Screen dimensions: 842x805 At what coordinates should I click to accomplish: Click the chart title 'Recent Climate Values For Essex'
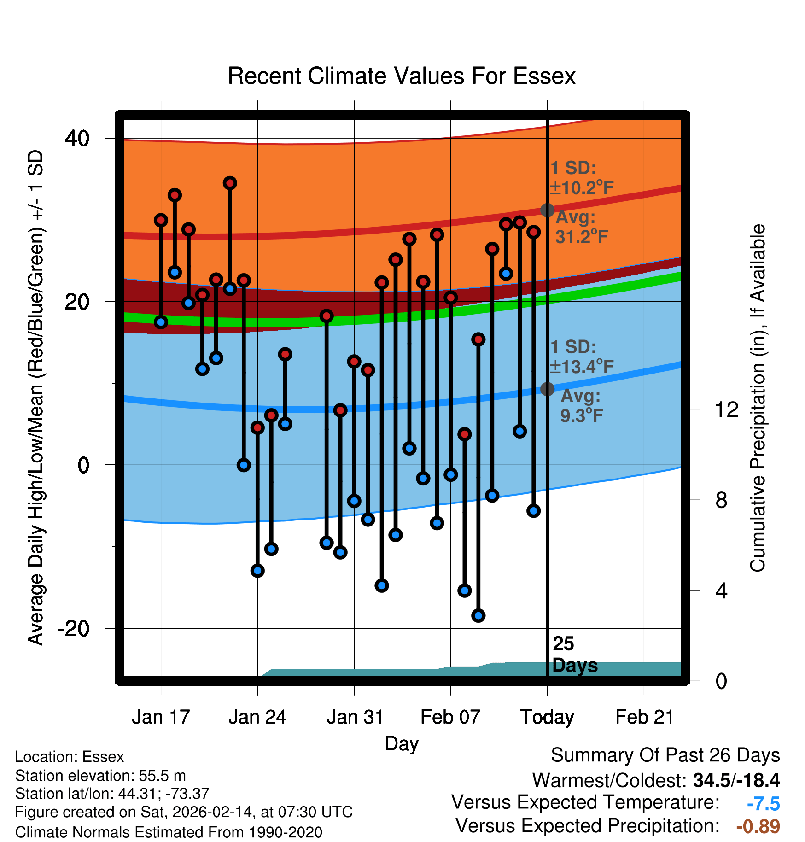tap(402, 76)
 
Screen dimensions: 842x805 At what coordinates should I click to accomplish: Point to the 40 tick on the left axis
tap(77, 138)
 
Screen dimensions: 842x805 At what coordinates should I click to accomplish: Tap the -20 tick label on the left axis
tap(73, 628)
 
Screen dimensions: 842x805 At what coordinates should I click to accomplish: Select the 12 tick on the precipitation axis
tap(726, 409)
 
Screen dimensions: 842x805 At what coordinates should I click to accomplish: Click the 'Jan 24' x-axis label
tap(257, 717)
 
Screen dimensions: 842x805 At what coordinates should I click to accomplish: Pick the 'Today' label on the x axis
tap(547, 717)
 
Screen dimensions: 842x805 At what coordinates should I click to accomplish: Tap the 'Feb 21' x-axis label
tap(644, 717)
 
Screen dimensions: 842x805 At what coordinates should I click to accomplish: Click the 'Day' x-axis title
tap(402, 743)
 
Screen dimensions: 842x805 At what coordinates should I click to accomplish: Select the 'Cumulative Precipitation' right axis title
tap(758, 398)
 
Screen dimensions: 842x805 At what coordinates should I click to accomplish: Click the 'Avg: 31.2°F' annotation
tap(581, 227)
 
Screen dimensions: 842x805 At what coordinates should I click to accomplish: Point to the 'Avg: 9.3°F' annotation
tap(581, 405)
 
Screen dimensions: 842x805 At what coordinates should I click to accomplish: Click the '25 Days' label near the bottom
tap(574, 655)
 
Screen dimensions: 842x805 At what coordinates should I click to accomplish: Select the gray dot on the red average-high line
tap(547, 210)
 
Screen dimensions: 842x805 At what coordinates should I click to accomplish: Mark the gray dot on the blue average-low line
tap(547, 389)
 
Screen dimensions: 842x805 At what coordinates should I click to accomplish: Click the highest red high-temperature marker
tap(230, 183)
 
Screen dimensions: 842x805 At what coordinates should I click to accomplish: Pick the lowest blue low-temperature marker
tap(478, 615)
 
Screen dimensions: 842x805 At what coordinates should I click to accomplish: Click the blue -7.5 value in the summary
tap(763, 804)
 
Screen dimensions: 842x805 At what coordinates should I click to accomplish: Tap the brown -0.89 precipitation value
tap(758, 826)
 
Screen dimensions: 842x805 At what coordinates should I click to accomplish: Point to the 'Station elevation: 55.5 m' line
tap(100, 776)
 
